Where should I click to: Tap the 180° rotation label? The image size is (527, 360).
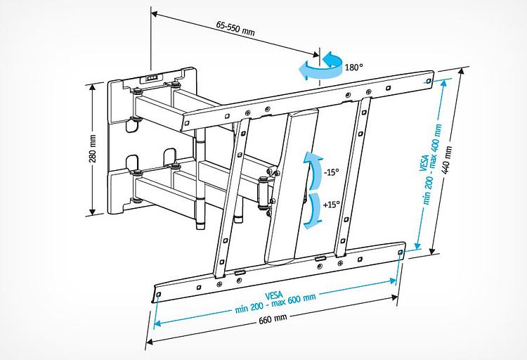(353, 67)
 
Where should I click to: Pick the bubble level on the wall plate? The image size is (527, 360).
(153, 77)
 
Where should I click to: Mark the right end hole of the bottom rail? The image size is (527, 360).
(400, 251)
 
